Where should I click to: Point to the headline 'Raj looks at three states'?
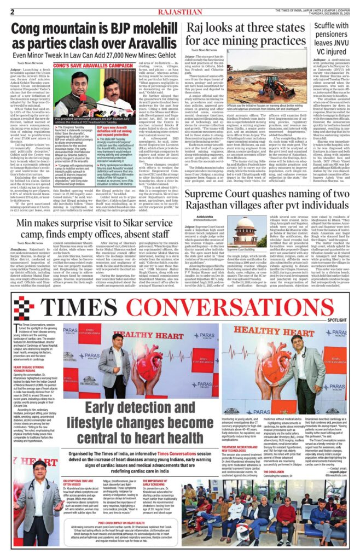click(236, 28)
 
